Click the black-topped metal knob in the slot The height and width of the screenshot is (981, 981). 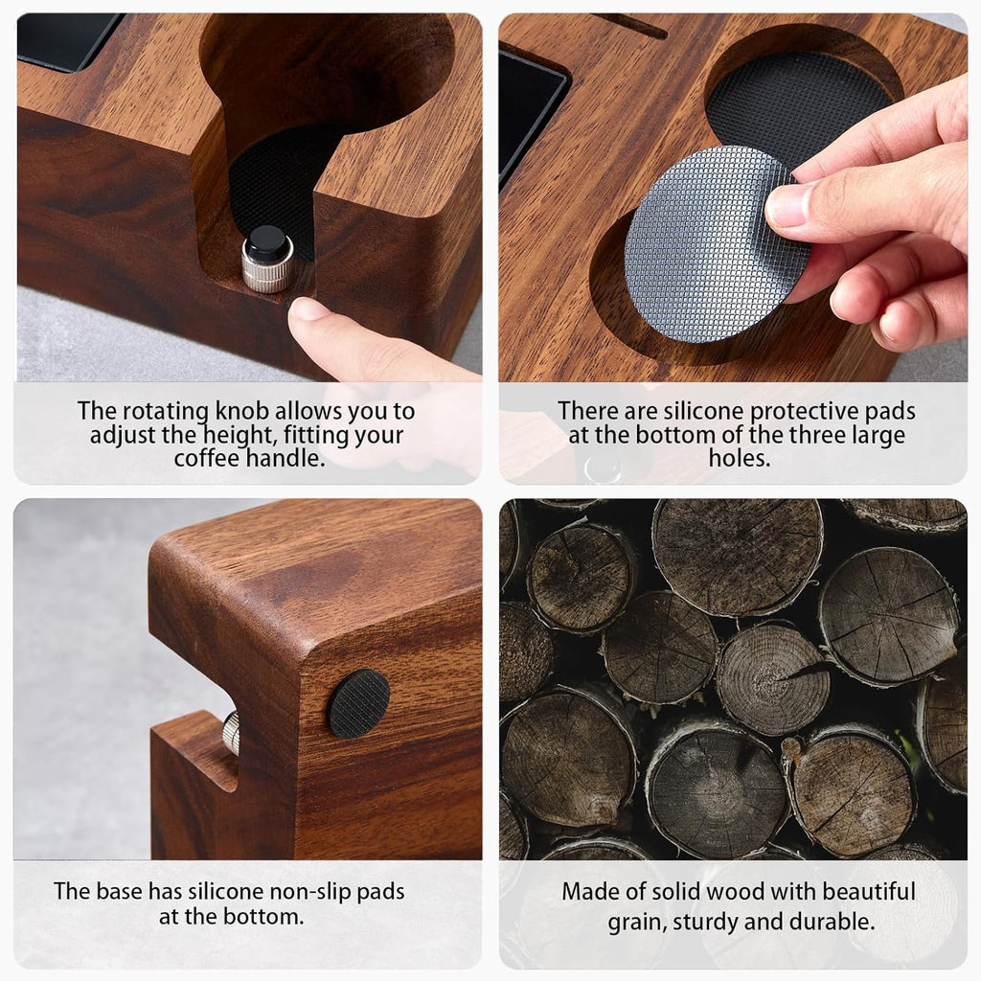(x=267, y=261)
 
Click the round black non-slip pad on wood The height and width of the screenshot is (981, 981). (x=358, y=703)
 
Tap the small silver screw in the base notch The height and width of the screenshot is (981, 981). (x=231, y=734)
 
